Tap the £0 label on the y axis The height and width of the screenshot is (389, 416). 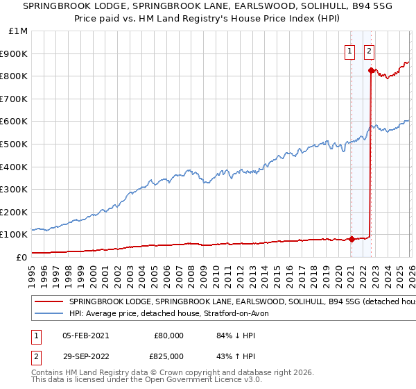pyautogui.click(x=21, y=257)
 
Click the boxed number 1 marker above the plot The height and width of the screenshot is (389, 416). pyautogui.click(x=351, y=51)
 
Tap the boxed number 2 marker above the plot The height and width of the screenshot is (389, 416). pyautogui.click(x=369, y=51)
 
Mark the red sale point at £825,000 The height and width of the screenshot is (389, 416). pyautogui.click(x=372, y=70)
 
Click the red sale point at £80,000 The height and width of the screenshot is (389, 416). pyautogui.click(x=352, y=239)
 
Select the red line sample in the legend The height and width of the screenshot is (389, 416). pyautogui.click(x=50, y=302)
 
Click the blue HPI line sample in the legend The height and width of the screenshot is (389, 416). pyautogui.click(x=50, y=314)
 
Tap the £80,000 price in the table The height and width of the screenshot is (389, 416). pyautogui.click(x=168, y=336)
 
